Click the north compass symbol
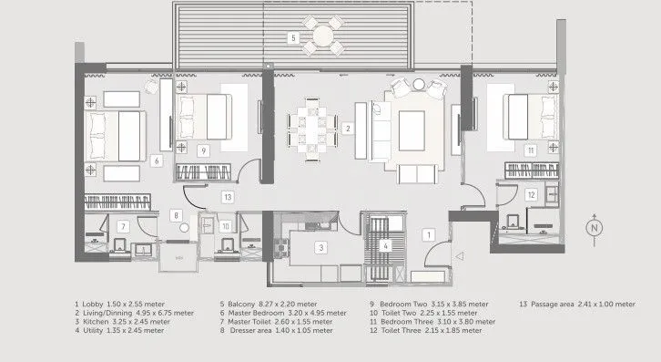point(595,229)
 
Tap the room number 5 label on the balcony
point(293,38)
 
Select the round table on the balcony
point(323,36)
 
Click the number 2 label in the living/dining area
point(348,129)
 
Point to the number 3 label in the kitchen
point(321,247)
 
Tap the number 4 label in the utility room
point(385,246)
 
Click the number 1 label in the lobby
point(429,235)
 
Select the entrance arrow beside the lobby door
point(460,255)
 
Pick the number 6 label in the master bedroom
point(157,160)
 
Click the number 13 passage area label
point(228,197)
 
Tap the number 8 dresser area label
point(177,215)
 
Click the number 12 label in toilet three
point(531,195)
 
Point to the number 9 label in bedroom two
point(204,150)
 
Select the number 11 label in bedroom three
point(530,150)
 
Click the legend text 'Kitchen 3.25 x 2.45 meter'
point(123,322)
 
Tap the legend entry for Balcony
point(268,305)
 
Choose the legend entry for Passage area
point(577,305)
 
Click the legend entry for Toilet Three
point(426,331)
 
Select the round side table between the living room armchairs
point(419,85)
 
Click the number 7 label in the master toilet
point(124,227)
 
